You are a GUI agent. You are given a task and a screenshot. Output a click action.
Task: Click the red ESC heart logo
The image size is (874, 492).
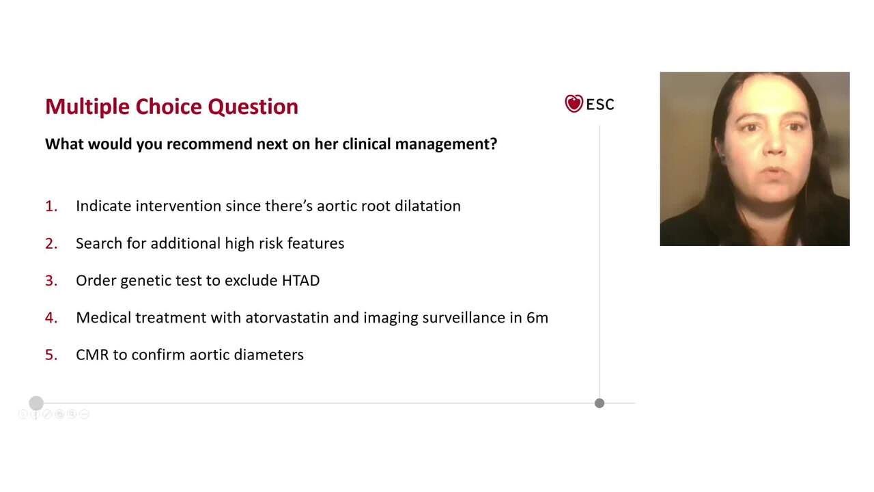(x=574, y=104)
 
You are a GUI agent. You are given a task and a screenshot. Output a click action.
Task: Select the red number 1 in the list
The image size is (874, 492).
(x=51, y=206)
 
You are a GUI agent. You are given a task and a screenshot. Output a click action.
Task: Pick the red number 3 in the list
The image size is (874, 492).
(x=51, y=280)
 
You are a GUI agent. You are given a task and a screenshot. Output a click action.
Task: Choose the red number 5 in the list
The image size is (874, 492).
(x=51, y=355)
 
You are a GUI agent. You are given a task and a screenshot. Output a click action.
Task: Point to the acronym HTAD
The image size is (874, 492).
(x=300, y=280)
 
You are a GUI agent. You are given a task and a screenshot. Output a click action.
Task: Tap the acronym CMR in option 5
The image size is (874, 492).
(x=92, y=355)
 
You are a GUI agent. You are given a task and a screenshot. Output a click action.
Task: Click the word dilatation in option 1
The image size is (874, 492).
(x=427, y=206)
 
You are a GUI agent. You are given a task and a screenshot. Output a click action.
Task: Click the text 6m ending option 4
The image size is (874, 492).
(x=537, y=318)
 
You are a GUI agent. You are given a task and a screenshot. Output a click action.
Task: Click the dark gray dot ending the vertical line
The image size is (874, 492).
(x=600, y=403)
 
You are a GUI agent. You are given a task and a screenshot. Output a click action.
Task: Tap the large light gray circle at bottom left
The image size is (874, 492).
(x=36, y=403)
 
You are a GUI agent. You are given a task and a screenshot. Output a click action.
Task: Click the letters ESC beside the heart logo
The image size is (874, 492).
(x=600, y=105)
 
